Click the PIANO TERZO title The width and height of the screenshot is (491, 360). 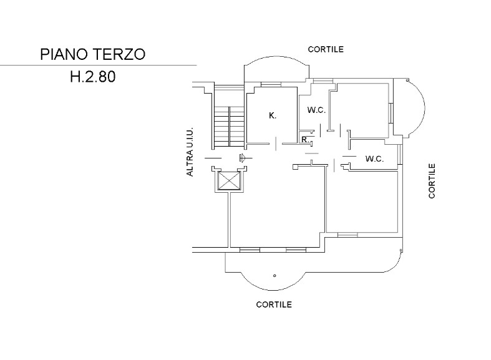coord(93,54)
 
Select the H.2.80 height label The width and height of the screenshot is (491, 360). coord(93,77)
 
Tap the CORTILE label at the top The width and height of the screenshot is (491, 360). coord(326,49)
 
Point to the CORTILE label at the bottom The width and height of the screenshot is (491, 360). coord(274,304)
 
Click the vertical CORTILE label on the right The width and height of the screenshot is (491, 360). coord(432,181)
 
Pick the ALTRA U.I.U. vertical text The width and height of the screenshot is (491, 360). coord(190,152)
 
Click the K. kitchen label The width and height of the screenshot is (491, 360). coord(273,116)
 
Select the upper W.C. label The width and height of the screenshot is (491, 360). coord(316,110)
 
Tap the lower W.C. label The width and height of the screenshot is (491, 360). coord(374,159)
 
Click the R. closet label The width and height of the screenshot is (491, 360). coord(305,139)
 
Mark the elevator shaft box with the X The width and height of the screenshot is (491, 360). coord(229,181)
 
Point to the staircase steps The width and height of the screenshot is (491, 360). coord(229,127)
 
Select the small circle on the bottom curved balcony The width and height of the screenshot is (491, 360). coord(275,276)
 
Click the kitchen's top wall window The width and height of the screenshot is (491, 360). coord(271,84)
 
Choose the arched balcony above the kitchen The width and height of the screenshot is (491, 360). coord(276,57)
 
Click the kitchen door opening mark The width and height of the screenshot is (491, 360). coord(276,144)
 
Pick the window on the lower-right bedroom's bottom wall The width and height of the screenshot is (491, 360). coord(348,235)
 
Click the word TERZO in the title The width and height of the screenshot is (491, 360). coord(119,54)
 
